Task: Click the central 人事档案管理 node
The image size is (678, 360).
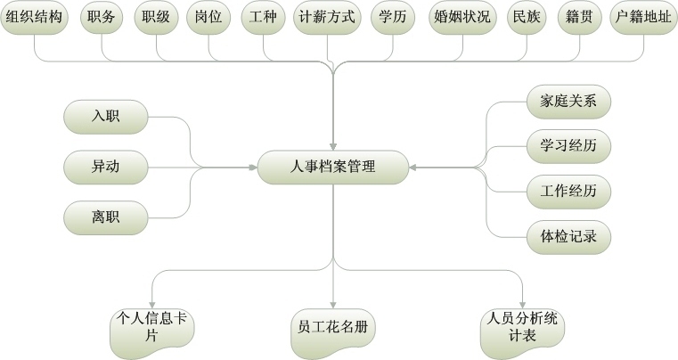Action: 333,167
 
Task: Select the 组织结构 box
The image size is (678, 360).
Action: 34,19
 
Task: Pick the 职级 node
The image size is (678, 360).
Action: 156,19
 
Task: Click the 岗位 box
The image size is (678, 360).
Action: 209,19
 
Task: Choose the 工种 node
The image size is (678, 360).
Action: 265,19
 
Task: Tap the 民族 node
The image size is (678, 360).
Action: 527,19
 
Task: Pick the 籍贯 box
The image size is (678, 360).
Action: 580,19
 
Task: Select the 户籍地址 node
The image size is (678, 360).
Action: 641,19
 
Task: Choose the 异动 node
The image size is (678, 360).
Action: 104,167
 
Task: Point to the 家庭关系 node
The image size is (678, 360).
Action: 568,101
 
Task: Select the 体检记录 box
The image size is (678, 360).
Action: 568,237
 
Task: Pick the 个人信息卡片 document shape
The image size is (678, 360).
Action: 151,326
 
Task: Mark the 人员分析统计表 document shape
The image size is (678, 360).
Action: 521,326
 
